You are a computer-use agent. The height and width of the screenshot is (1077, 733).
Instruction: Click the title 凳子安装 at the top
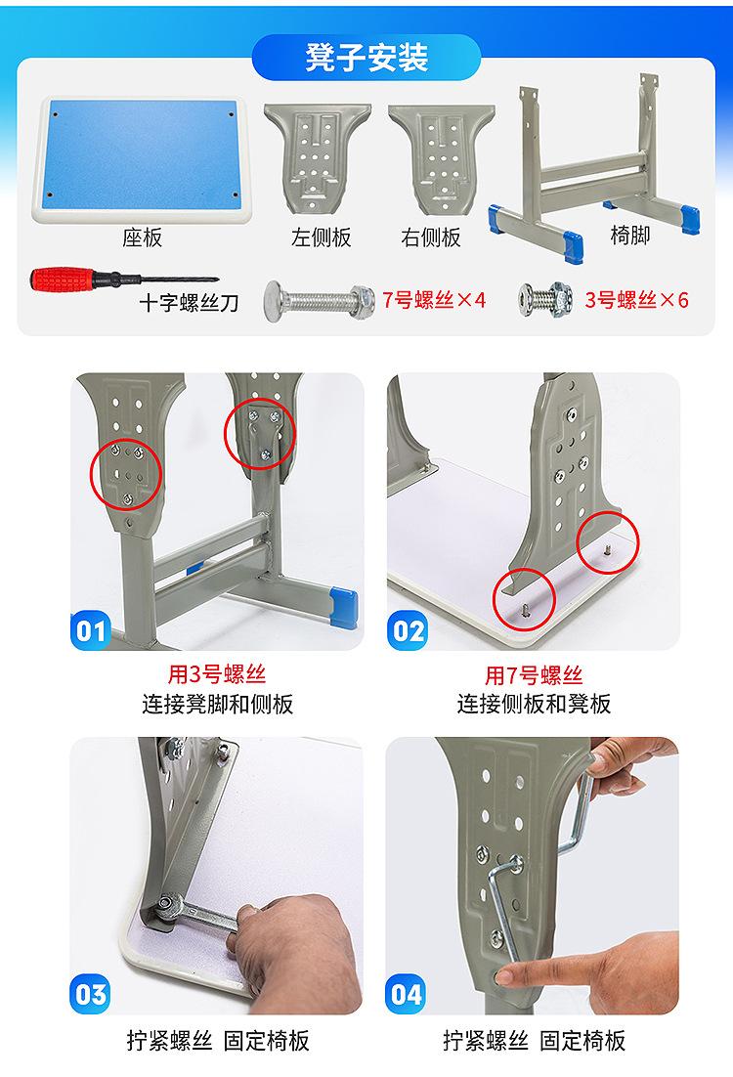[366, 58]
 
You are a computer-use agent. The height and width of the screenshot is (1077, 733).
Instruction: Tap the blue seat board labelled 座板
[143, 159]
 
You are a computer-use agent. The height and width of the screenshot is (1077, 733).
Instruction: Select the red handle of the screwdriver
[62, 280]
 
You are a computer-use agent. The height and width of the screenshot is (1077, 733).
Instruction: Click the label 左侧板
[321, 237]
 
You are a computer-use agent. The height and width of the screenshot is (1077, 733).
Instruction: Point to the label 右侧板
[431, 237]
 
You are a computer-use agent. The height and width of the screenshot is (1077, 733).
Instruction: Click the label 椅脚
[629, 236]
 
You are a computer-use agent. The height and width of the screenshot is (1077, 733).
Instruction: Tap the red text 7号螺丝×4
[434, 299]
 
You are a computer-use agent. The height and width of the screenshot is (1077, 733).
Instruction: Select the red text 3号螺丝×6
[636, 299]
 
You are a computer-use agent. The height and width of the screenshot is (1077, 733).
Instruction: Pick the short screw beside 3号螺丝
[546, 299]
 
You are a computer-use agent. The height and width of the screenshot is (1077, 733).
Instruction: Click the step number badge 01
[91, 630]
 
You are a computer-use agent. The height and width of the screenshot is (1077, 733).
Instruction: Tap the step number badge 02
[408, 630]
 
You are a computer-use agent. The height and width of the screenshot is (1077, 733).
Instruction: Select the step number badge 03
[91, 994]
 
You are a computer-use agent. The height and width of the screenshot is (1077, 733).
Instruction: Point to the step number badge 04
[407, 994]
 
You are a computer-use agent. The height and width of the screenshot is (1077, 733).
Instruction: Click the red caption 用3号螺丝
[216, 674]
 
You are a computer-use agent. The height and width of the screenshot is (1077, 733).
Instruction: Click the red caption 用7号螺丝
[533, 675]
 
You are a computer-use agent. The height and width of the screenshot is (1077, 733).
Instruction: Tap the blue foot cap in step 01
[345, 606]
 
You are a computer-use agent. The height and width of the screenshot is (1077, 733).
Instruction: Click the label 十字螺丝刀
[189, 303]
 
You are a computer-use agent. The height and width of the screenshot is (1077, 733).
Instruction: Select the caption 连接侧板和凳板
[534, 704]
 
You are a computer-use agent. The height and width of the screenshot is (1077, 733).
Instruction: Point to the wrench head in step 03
[165, 907]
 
